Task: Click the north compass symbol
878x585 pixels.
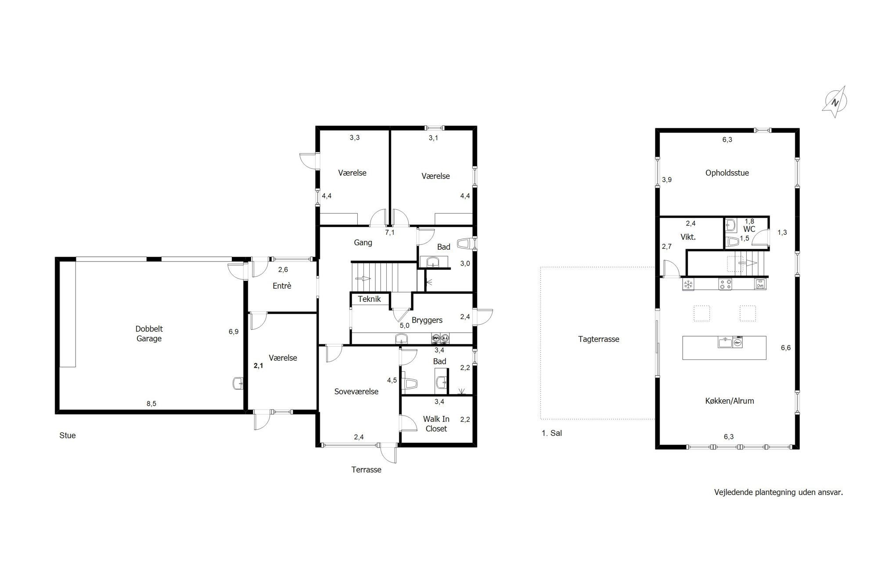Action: [x=835, y=102]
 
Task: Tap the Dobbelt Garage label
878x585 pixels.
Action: [x=149, y=334]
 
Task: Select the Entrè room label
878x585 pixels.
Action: [x=282, y=286]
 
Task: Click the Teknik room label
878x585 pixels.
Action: [x=369, y=299]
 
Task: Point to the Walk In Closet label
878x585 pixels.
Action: [x=436, y=424]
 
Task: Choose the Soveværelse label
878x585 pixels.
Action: [x=356, y=391]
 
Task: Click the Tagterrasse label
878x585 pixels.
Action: [x=599, y=339]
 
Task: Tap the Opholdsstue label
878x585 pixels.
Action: [x=727, y=173]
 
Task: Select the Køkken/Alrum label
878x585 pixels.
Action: [x=730, y=401]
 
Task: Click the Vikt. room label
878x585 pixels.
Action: [x=688, y=237]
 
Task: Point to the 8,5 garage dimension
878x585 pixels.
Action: [x=151, y=404]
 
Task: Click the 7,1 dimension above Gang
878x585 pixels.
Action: [x=390, y=233]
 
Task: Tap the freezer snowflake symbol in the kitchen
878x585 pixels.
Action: [x=688, y=284]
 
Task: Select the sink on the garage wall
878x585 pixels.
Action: [x=238, y=384]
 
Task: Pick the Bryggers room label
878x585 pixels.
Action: [x=427, y=320]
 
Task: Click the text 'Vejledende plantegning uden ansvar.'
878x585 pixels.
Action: [x=779, y=492]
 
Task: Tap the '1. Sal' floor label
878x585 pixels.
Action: [x=552, y=433]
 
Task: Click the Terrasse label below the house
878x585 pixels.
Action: [x=366, y=470]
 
